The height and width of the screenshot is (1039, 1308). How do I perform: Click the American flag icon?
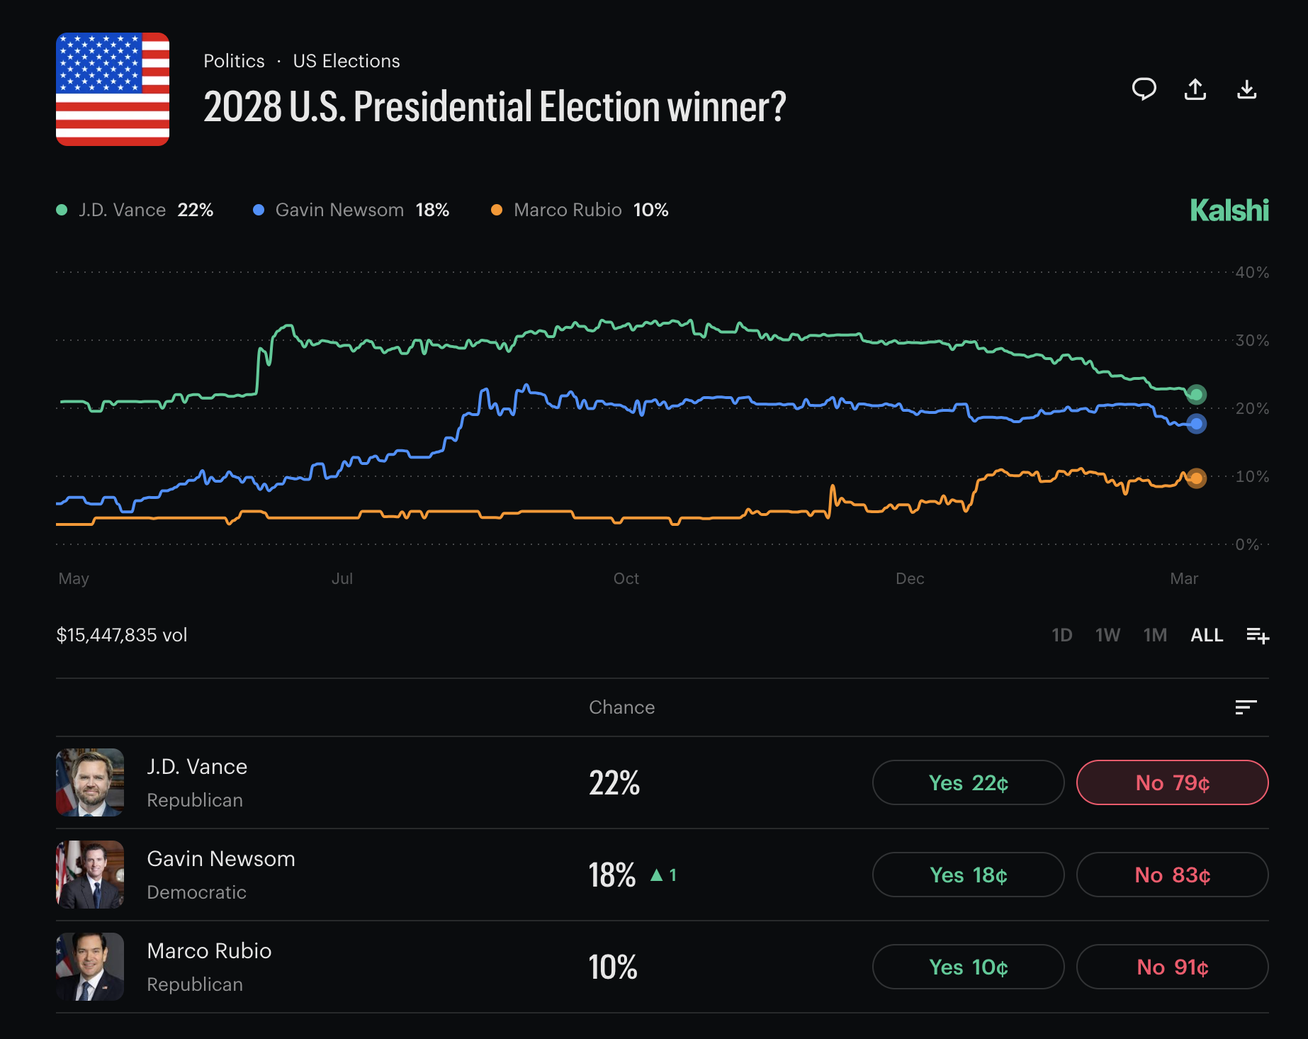point(113,89)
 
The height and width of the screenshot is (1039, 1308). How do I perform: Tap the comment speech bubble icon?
point(1144,89)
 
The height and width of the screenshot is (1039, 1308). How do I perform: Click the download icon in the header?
point(1246,89)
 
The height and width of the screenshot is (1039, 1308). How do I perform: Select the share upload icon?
point(1195,89)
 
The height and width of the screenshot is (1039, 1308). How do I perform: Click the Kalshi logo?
point(1229,210)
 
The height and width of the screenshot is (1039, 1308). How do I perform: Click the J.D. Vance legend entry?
point(135,210)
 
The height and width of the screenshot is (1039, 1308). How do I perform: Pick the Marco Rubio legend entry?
point(580,210)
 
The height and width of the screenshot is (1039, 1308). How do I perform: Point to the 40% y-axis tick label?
point(1252,272)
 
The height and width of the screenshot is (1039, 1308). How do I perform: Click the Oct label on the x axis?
point(626,578)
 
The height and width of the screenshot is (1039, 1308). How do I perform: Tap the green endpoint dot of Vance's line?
point(1196,394)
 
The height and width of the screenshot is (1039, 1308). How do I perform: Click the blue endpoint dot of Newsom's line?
point(1196,424)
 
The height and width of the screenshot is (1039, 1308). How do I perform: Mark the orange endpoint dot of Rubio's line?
point(1196,478)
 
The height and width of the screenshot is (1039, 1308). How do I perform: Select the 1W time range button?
point(1107,635)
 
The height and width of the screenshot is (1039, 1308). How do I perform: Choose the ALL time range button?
point(1207,635)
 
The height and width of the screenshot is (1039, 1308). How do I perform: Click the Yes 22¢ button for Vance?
point(968,782)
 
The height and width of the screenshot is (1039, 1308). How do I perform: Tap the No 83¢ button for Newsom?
point(1172,875)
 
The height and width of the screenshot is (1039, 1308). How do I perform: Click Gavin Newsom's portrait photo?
point(90,875)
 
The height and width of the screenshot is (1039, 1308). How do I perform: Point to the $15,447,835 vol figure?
point(122,635)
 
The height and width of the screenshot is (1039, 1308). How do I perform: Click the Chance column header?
point(621,707)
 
